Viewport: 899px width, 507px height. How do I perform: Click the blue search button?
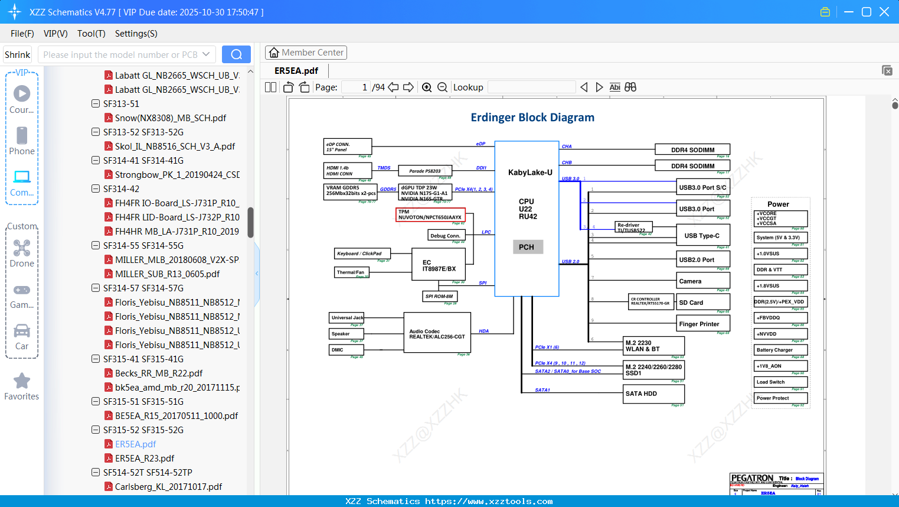tap(236, 54)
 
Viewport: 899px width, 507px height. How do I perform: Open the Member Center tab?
tap(306, 53)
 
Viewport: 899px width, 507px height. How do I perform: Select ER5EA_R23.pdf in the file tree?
tap(145, 458)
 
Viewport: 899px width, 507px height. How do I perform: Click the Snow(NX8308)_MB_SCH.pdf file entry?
tap(170, 118)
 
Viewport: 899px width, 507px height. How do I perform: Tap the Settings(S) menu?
tap(136, 34)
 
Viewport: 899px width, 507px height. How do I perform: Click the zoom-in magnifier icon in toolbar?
tap(427, 87)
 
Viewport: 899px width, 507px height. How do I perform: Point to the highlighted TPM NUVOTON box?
tap(430, 214)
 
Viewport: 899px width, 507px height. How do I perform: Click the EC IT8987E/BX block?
tap(439, 265)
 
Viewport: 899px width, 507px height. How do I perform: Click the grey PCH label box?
tap(527, 247)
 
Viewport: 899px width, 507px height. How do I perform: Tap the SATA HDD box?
tap(654, 394)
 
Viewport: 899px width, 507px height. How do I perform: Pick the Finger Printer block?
tap(703, 324)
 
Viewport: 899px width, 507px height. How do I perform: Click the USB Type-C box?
tap(703, 235)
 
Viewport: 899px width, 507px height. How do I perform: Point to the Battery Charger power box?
tap(780, 350)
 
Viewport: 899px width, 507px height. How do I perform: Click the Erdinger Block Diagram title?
tap(532, 118)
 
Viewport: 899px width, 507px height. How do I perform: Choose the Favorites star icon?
tap(22, 381)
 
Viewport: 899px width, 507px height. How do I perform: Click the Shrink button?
tap(17, 54)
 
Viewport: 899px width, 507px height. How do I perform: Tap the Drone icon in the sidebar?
tap(22, 249)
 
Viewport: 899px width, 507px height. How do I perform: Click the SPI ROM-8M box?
tap(439, 296)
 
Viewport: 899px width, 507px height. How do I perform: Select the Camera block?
tap(703, 281)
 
